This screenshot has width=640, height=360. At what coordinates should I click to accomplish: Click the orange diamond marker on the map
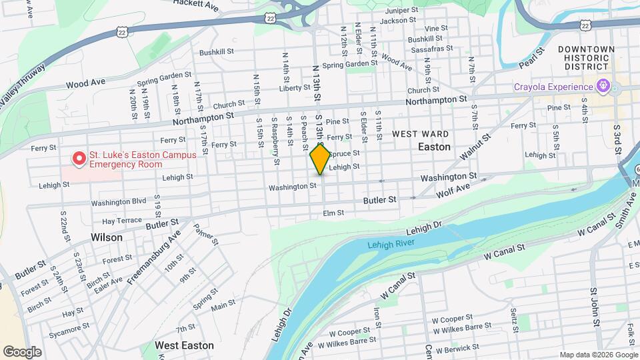click(320, 159)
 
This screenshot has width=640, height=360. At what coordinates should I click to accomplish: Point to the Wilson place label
click(107, 237)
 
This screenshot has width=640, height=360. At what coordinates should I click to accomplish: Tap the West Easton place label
click(184, 345)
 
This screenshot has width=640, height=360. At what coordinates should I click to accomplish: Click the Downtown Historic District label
click(586, 58)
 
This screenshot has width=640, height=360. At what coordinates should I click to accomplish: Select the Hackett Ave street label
click(196, 5)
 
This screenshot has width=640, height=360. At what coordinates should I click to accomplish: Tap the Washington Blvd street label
click(119, 202)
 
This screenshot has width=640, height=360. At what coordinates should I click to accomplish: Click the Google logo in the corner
click(22, 351)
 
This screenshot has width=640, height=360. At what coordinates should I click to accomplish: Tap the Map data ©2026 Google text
click(597, 354)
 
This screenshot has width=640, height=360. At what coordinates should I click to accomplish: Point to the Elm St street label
click(333, 213)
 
